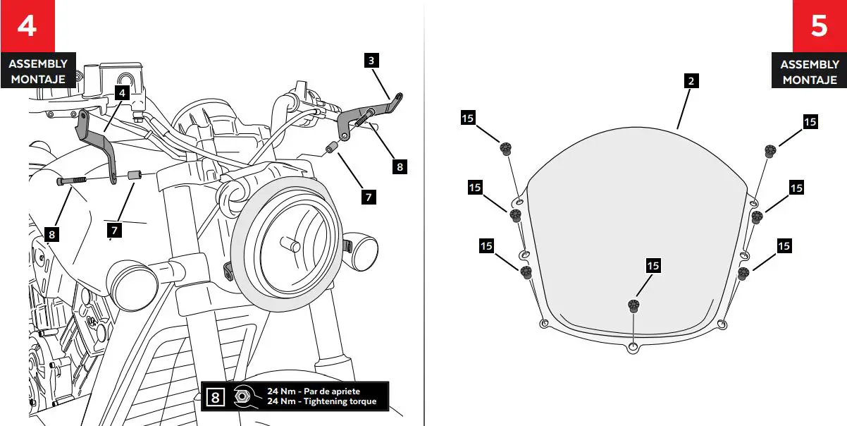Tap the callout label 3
tap(371, 60)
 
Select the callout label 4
tap(121, 92)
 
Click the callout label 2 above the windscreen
tap(691, 80)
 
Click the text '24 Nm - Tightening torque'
tap(321, 402)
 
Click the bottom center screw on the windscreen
tap(633, 306)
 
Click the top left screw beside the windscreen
tap(505, 148)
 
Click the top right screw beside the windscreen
tap(770, 150)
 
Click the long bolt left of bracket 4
tap(71, 181)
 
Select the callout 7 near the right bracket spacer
tap(369, 197)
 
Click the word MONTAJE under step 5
tap(810, 80)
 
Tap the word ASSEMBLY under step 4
tap(38, 64)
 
